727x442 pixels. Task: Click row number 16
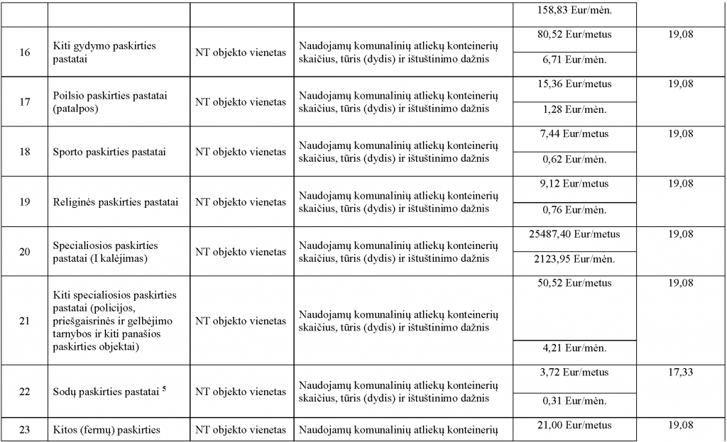[25, 53]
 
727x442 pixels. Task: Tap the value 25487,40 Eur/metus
[574, 234]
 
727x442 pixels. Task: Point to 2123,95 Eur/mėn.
[574, 260]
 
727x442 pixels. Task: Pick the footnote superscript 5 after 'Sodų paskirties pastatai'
[164, 388]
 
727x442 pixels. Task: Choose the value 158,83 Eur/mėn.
[574, 11]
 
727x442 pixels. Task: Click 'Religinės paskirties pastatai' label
[116, 202]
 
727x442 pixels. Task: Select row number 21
[25, 321]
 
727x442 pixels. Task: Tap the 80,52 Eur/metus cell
[574, 34]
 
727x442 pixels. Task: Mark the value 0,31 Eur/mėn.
[574, 402]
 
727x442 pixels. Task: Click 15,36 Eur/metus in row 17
[574, 84]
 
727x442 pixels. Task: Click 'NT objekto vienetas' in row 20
[241, 252]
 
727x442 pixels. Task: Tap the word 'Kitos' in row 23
[67, 429]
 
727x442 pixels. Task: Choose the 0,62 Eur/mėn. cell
[574, 160]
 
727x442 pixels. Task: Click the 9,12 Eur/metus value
[574, 184]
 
